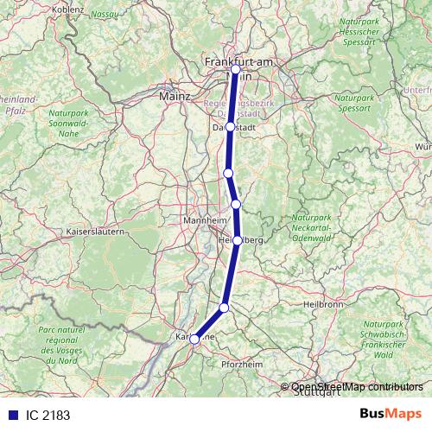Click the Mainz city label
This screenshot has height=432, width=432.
(x=175, y=97)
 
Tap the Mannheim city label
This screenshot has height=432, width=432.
(x=204, y=222)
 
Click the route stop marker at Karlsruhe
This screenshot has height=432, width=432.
(x=195, y=340)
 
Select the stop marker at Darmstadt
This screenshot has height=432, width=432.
(x=230, y=127)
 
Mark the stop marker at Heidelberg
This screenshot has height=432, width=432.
(x=237, y=241)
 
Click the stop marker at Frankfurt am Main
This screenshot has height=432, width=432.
(x=235, y=69)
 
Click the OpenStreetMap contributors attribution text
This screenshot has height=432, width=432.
(x=357, y=386)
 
